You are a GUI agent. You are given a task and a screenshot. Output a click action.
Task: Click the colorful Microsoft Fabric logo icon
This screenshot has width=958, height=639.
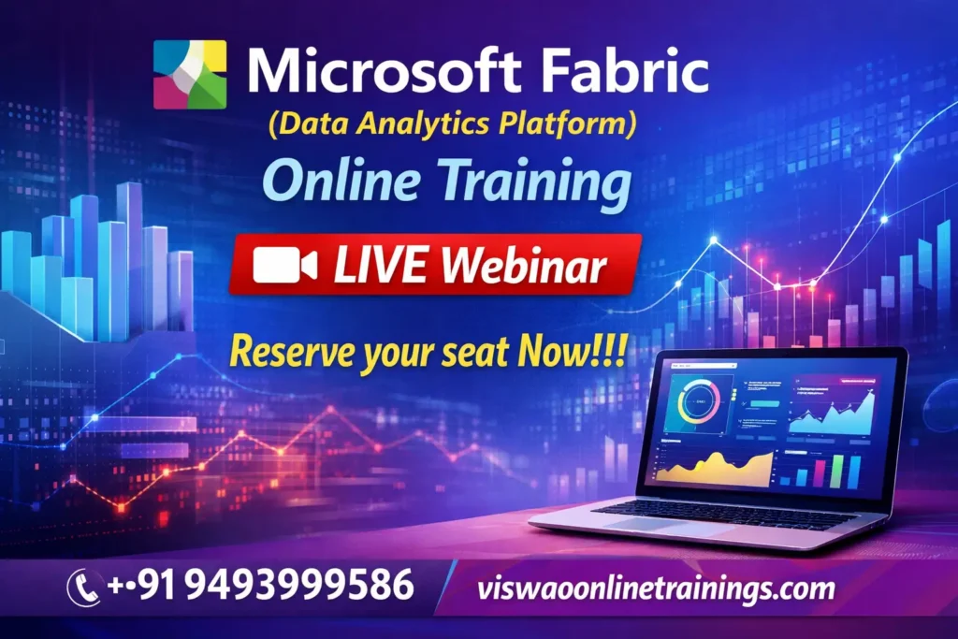[x=190, y=74]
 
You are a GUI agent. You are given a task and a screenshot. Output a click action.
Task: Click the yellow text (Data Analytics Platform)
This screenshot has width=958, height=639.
[x=448, y=124]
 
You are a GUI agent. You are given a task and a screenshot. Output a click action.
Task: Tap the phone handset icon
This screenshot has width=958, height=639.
[x=84, y=588]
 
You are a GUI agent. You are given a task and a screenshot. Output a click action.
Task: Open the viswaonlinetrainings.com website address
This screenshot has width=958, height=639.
[x=655, y=589]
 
